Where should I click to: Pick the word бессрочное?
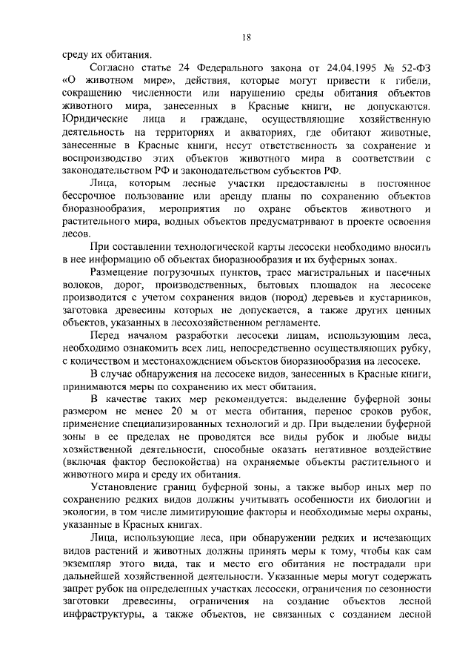click(93, 196)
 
